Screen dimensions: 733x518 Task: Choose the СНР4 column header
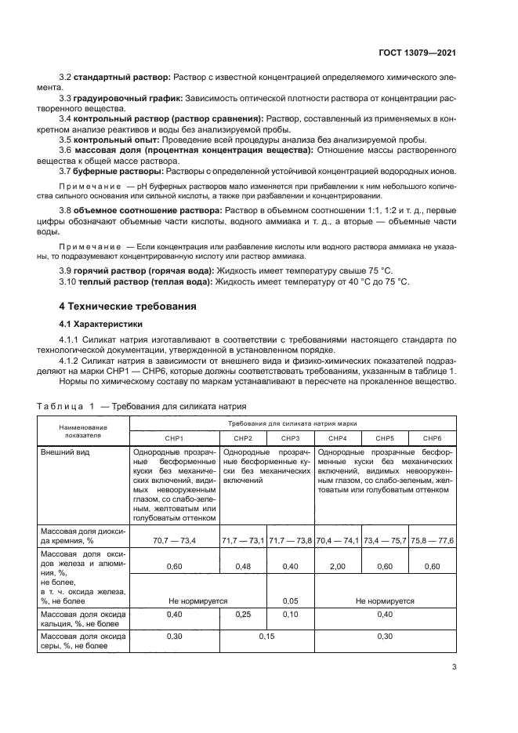click(x=337, y=437)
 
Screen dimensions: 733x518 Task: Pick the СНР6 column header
click(x=432, y=437)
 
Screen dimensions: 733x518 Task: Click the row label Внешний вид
click(x=63, y=452)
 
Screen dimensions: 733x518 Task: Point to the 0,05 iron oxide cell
click(x=290, y=601)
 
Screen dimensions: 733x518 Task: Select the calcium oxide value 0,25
click(x=243, y=615)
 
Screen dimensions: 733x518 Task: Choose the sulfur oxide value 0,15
click(x=266, y=636)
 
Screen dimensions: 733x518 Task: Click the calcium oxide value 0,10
click(x=290, y=615)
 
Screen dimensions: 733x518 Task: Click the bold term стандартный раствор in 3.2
click(x=121, y=78)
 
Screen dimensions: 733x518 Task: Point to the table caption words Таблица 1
click(x=66, y=406)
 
